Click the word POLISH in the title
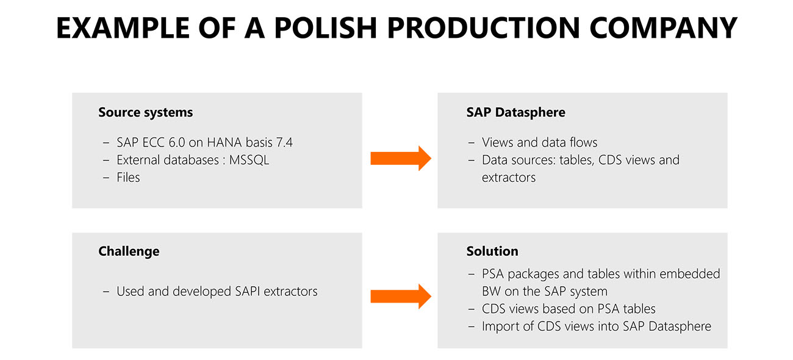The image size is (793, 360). tap(325, 27)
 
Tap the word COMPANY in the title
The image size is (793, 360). tap(663, 27)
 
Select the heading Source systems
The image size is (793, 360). tap(146, 112)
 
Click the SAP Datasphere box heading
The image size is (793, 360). tap(516, 112)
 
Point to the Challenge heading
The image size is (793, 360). tap(129, 251)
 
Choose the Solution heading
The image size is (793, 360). tap(492, 251)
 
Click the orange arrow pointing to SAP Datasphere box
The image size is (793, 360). tap(401, 158)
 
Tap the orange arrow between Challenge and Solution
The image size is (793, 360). tap(401, 297)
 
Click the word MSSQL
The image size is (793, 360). tap(249, 160)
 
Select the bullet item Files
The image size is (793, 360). tap(128, 178)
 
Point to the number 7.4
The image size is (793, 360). tap(284, 143)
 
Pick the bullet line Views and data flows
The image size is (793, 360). tap(539, 143)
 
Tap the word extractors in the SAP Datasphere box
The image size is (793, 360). tap(509, 178)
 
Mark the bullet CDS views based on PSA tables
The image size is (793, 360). tap(569, 309)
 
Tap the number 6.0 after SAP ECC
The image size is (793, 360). tap(176, 143)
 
